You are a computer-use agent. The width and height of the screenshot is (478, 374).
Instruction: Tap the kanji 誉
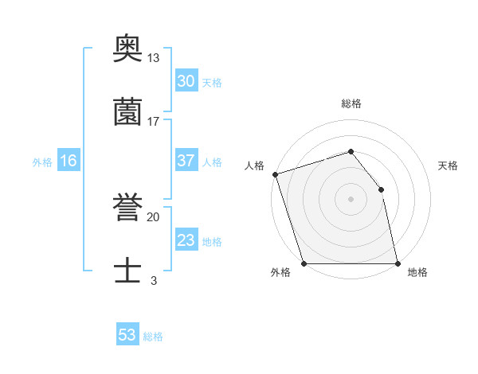coord(127,208)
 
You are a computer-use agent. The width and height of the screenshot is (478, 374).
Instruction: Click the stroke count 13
coord(154,58)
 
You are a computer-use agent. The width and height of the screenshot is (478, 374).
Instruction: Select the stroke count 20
coord(154,216)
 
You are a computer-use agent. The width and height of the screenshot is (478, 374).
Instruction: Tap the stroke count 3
coord(154,280)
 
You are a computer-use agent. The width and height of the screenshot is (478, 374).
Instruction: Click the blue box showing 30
coord(186,81)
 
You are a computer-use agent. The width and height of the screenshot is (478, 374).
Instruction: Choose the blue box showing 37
coord(186,161)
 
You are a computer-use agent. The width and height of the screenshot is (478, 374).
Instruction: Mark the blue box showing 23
coord(186,240)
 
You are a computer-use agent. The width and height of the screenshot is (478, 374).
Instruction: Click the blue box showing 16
coord(69,161)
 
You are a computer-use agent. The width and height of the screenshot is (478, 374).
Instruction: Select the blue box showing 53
coord(127,335)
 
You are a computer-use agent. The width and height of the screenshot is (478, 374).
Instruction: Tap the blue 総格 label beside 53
coord(153,337)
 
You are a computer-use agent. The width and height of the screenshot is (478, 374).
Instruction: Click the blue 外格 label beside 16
coord(42,162)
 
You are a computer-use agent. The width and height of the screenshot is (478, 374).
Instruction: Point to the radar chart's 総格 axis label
coord(351,103)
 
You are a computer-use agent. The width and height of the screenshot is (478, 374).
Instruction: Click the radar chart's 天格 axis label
coord(449,166)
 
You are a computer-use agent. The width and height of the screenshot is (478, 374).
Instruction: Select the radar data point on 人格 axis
coord(275,174)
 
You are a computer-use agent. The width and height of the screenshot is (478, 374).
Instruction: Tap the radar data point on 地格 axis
coord(398,263)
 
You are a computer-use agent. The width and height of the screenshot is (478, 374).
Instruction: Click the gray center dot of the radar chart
coord(351,199)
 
